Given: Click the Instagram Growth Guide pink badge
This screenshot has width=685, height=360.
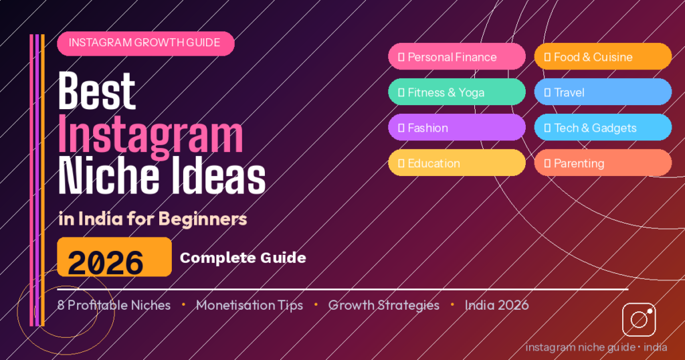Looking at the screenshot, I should coord(145,43).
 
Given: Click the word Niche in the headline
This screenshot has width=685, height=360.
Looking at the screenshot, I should coord(104,177).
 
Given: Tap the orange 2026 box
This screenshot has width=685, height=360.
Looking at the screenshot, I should coord(114,257).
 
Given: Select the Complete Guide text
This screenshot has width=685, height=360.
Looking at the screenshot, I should coord(243,258).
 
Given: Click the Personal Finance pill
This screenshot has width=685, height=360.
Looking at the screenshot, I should coord(457,57).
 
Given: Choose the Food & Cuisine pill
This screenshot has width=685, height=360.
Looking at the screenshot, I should coord(602,57).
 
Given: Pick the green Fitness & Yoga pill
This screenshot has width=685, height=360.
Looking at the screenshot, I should coord(457,92).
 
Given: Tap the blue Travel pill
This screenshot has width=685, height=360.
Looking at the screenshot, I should coord(602,92).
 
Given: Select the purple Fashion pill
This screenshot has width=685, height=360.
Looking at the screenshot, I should coord(457,128).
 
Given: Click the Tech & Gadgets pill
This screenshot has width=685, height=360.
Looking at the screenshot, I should coord(602,128).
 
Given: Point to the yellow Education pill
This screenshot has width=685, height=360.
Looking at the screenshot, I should coord(457,163).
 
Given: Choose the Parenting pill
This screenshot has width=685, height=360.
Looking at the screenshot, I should coord(602,163).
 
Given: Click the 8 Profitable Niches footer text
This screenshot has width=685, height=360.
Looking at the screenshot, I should coord(114,305).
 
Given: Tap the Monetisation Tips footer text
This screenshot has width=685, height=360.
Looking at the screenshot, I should coord(249,305).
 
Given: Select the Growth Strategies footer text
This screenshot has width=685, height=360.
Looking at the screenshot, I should coord(383,305).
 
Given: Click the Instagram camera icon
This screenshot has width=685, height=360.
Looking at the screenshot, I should coord(639,320).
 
